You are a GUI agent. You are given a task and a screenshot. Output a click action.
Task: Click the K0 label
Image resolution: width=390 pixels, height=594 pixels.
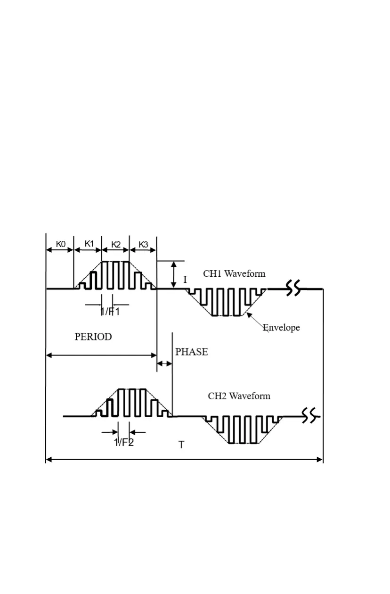[x=61, y=244]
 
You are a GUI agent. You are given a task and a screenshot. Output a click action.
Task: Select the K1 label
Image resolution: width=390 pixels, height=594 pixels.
[x=89, y=244]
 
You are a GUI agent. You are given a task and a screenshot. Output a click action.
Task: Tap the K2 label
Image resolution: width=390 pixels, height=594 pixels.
[x=116, y=244]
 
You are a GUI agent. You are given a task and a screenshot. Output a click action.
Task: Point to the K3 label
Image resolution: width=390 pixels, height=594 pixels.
[x=143, y=244]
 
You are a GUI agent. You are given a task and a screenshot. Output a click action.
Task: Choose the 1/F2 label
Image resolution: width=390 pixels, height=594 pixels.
[x=124, y=442]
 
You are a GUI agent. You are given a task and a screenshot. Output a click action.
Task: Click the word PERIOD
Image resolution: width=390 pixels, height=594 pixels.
[x=93, y=337]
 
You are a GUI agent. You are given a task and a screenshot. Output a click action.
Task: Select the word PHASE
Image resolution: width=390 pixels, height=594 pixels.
[x=191, y=352]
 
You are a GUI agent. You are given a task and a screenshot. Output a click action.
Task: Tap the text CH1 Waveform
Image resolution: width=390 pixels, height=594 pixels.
[x=234, y=273]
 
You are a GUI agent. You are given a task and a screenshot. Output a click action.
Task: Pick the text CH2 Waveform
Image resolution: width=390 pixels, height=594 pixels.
[x=239, y=396]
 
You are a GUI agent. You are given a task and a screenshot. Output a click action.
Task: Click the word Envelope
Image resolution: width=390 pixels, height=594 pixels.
[x=281, y=327]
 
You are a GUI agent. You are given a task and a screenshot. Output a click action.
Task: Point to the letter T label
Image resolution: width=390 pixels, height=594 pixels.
[x=181, y=445]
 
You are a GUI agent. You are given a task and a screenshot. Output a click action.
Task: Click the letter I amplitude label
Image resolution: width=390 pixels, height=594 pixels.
[x=185, y=280]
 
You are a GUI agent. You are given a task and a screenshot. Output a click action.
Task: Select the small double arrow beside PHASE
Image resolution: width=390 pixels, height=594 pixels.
[x=164, y=364]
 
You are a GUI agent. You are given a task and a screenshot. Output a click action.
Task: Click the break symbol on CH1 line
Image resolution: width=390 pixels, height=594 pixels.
[x=293, y=288]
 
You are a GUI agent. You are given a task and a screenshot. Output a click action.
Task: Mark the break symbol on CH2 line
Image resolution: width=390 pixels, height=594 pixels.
[x=309, y=416]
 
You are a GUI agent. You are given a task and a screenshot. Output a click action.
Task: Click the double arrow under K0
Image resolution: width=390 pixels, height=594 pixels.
[x=60, y=250]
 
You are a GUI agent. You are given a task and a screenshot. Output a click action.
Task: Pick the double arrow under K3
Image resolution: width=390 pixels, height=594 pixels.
[x=143, y=250]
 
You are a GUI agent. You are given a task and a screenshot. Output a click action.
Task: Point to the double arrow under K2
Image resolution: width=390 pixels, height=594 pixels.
[x=115, y=250]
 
